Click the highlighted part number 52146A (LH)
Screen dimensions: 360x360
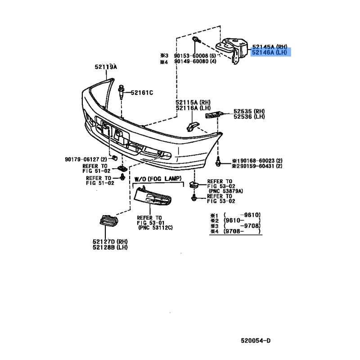[x=270, y=52]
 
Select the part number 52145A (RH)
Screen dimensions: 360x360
[x=270, y=47]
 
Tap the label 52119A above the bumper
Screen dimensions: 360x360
[x=106, y=67]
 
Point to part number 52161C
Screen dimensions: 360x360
[x=142, y=93]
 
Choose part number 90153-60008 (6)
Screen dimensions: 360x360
[x=195, y=56]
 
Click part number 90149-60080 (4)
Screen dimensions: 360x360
[x=195, y=61]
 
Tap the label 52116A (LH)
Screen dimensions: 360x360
[x=193, y=108]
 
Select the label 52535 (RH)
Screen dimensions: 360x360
[x=249, y=111]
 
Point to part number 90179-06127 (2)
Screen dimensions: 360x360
[x=86, y=159]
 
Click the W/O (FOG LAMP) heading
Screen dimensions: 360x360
[x=158, y=179]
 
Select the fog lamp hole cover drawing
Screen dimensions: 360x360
[x=153, y=196]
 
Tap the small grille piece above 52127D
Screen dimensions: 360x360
[x=108, y=220]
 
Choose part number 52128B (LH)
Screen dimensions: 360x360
[x=110, y=247]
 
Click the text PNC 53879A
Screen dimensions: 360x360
[x=226, y=191]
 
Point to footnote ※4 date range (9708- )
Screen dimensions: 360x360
[x=242, y=231]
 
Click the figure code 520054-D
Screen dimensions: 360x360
[x=256, y=341]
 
